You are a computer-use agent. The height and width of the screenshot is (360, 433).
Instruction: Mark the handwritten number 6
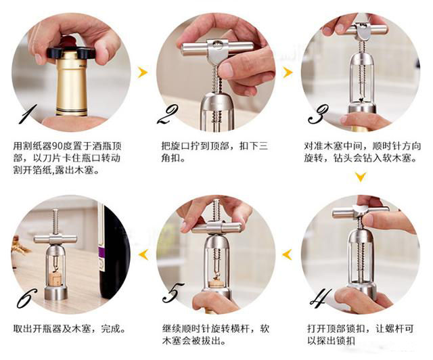(x=26, y=298)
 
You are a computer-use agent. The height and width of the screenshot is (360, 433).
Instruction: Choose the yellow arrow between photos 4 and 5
(x=287, y=254)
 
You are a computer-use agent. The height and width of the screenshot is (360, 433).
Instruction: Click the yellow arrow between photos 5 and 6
(x=143, y=254)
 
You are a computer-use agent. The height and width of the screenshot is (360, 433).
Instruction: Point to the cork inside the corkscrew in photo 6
(x=56, y=276)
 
